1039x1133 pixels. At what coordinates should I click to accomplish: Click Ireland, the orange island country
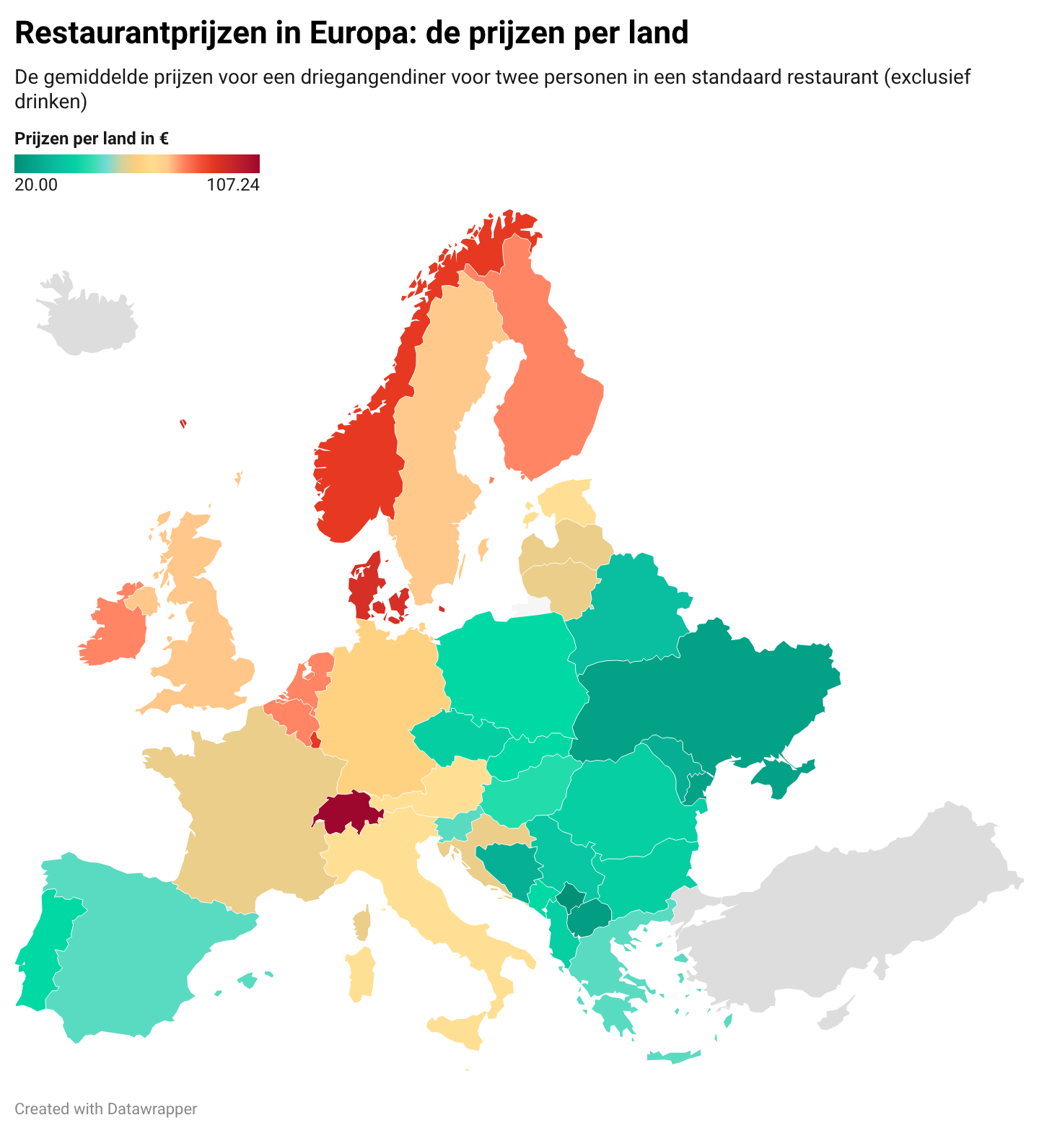point(115,628)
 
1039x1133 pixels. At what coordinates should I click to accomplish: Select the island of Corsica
point(362,924)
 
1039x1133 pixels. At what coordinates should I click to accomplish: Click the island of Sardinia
point(361,974)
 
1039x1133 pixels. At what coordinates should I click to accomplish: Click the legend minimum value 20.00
point(36,185)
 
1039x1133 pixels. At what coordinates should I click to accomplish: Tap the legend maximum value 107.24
point(232,185)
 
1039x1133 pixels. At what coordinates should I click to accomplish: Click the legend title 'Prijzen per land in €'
point(92,139)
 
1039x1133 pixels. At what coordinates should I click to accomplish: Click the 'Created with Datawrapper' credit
point(105,1108)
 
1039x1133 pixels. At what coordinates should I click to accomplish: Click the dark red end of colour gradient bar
point(254,164)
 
